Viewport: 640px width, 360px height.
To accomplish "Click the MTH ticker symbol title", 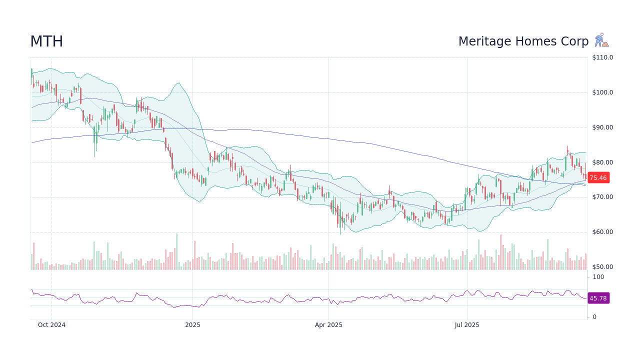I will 46,41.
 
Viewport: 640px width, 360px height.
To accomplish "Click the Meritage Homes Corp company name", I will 523,41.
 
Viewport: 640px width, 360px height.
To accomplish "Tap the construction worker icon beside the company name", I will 601,40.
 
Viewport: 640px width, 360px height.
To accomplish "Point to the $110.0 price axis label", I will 602,57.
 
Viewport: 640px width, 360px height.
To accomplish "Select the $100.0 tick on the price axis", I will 602,92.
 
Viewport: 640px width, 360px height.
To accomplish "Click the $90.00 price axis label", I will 602,127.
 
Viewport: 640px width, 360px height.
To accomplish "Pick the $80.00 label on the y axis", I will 602,162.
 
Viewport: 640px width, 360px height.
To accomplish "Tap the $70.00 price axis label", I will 602,197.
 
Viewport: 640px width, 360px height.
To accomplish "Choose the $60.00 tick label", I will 602,232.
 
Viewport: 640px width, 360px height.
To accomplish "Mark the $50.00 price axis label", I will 602,267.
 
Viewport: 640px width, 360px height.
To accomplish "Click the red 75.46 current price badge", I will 598,177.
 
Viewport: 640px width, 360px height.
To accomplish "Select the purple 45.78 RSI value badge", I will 598,298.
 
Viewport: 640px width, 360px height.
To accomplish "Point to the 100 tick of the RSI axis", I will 598,277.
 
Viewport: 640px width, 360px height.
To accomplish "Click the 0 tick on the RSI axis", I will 594,317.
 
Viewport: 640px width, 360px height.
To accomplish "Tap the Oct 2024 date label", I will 51,325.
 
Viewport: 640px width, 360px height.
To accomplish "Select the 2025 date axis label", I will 192,325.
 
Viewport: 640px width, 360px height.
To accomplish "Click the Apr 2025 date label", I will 328,325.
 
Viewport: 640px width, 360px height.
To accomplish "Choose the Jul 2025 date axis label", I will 467,325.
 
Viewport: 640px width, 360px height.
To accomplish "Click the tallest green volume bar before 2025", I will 176,251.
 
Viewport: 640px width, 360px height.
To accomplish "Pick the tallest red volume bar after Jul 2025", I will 500,252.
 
